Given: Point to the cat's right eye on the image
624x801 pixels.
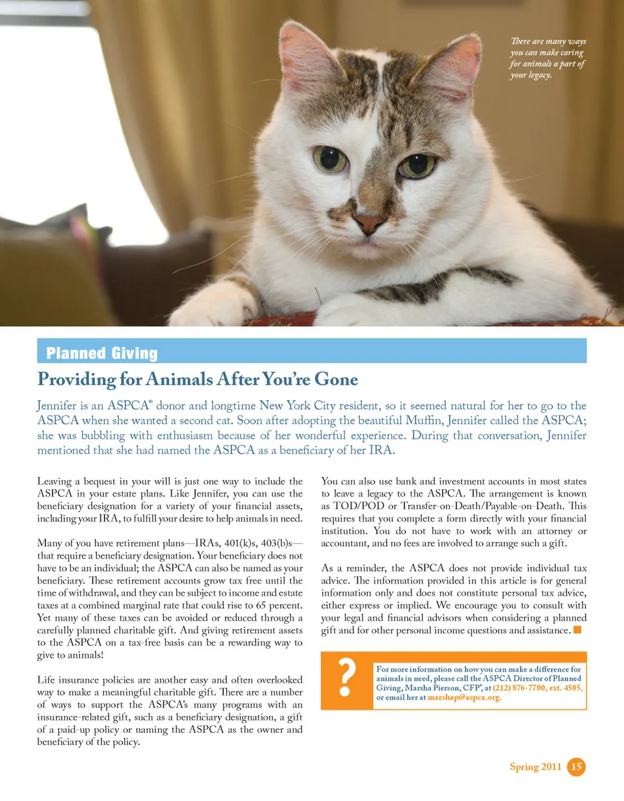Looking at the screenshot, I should coord(417,165).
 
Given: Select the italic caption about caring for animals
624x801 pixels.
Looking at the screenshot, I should coord(547,58).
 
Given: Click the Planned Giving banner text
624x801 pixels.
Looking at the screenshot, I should coord(102,353).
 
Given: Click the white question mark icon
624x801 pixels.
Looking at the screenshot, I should coord(348,680).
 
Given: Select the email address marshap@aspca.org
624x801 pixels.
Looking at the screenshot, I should coord(464,698).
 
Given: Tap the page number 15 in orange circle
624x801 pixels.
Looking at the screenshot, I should coord(576,767).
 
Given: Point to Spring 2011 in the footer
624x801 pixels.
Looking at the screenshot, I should coord(535,767).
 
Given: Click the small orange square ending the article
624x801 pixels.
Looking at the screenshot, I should coord(577,629).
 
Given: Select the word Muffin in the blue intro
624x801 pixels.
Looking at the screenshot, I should coord(424,420).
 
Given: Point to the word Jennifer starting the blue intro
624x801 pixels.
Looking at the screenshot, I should coord(57,405).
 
